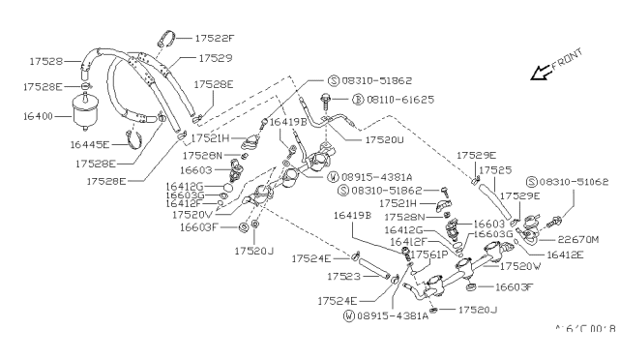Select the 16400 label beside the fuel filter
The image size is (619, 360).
(x=33, y=114)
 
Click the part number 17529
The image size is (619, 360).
(x=214, y=59)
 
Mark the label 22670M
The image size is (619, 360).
(x=577, y=238)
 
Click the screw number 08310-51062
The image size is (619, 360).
(x=575, y=181)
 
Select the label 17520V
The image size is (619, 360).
(x=193, y=214)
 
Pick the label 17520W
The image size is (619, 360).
(x=522, y=265)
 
